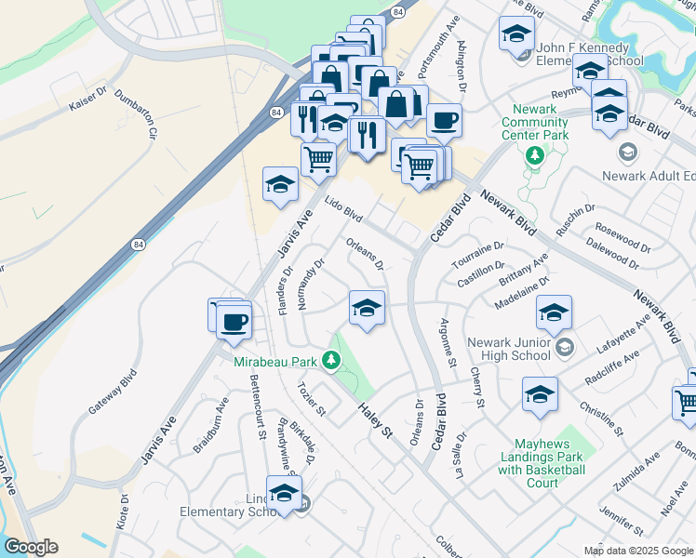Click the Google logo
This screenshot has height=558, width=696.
pyautogui.click(x=30, y=547)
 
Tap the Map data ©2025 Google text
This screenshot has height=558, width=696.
pyautogui.click(x=638, y=551)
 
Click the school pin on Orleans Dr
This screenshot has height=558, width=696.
pyautogui.click(x=368, y=308)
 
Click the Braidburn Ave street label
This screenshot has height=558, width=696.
pyautogui.click(x=210, y=424)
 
